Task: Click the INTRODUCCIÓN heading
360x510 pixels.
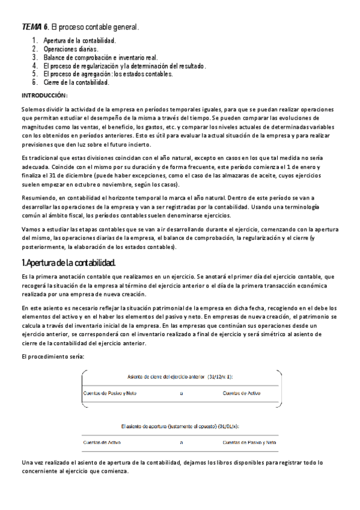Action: (45, 96)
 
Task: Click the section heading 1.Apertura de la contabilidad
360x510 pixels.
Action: (68, 263)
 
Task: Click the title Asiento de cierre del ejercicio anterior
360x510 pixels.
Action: (180, 377)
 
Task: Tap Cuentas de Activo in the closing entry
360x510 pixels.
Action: (241, 393)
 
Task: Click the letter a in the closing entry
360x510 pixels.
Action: (181, 393)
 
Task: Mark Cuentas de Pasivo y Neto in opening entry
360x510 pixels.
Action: (249, 442)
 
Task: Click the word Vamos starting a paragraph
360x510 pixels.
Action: (32, 230)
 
